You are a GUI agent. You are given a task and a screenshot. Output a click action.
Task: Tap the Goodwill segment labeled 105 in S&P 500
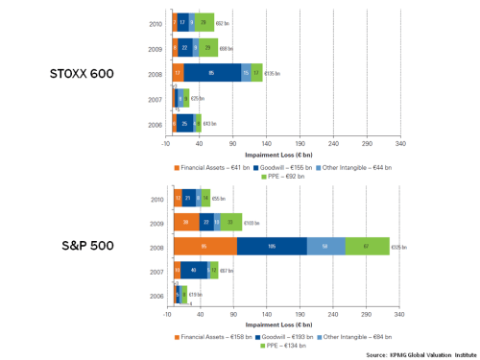(x=272, y=247)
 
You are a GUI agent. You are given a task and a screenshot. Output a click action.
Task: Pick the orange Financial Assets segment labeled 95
(x=204, y=247)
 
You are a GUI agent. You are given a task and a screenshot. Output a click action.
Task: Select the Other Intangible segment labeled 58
(x=325, y=247)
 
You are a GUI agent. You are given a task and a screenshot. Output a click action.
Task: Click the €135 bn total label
(x=272, y=72)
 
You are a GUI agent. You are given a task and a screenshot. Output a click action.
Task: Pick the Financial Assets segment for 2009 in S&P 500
(x=186, y=221)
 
